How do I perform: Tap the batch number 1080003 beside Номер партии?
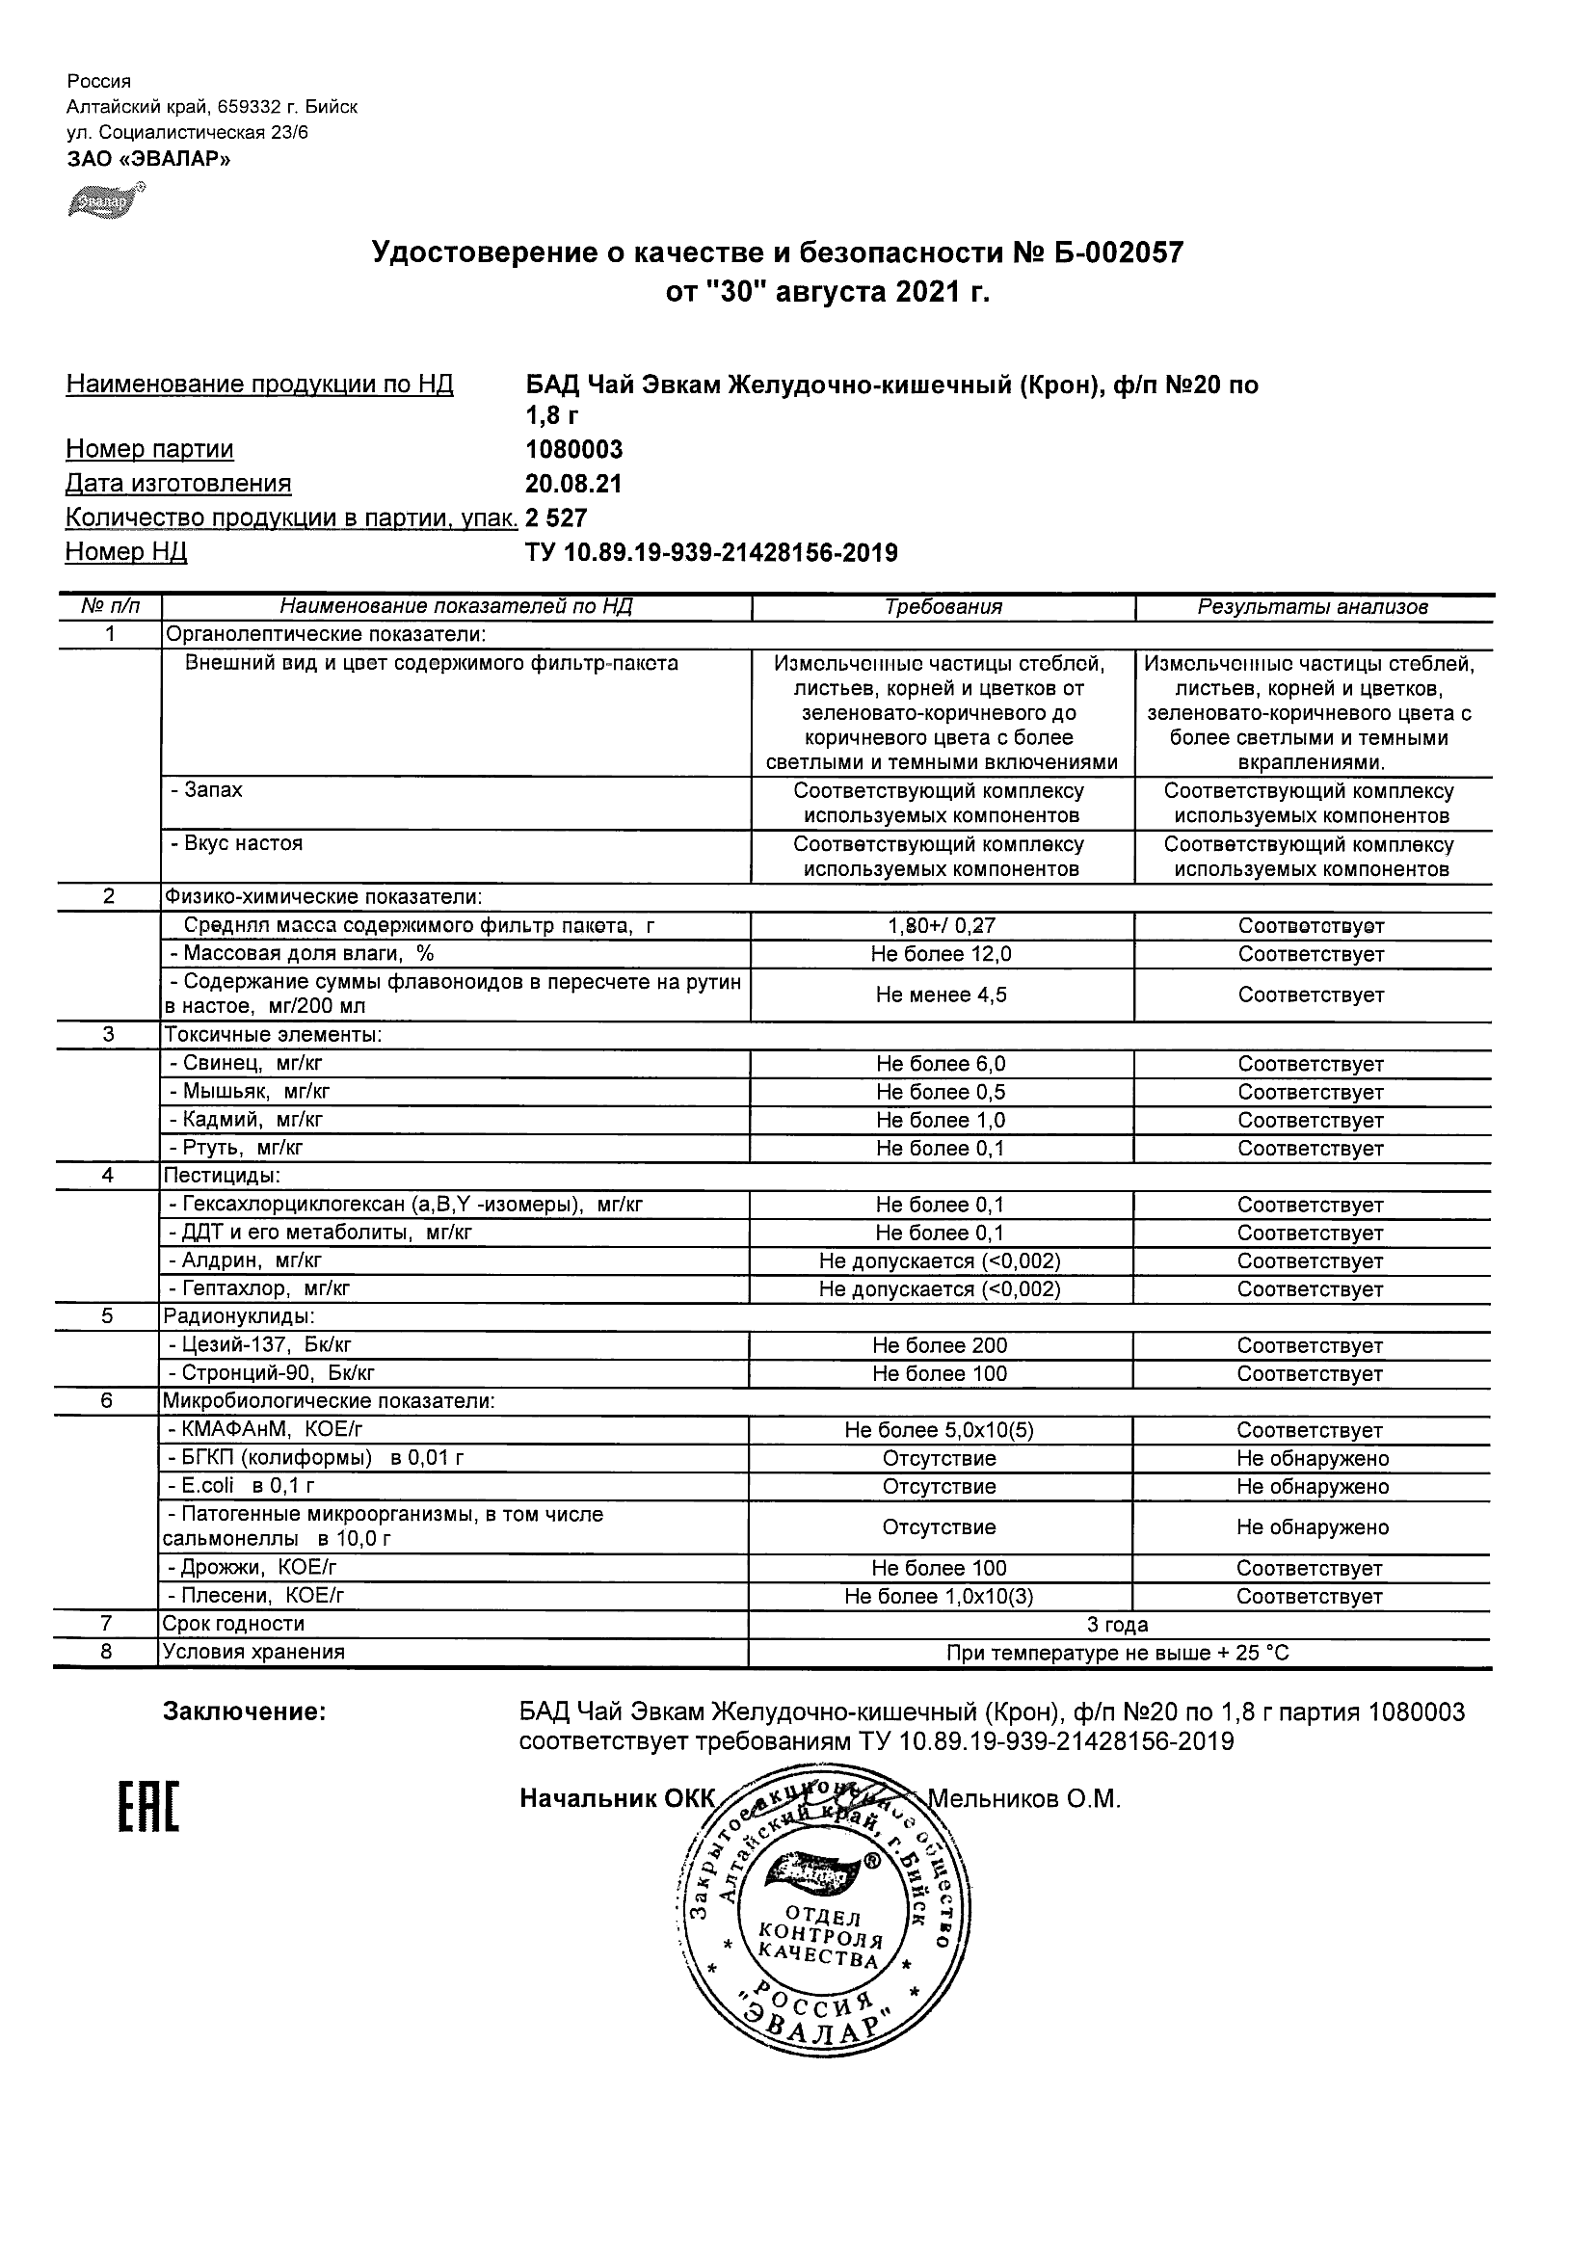[x=573, y=450]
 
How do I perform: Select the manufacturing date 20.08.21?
[x=573, y=484]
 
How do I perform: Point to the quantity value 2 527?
[x=556, y=518]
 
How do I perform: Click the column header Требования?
[x=943, y=607]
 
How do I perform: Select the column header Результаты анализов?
[x=1313, y=607]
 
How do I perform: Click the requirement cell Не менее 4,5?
[x=941, y=995]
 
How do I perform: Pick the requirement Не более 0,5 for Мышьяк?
[x=941, y=1092]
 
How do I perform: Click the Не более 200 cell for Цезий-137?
[x=940, y=1345]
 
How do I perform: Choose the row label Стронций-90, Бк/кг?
[x=278, y=1373]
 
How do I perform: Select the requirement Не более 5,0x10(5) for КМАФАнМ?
[x=939, y=1431]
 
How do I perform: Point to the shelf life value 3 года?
[x=1118, y=1625]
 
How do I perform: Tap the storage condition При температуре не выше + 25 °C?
[x=1118, y=1653]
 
